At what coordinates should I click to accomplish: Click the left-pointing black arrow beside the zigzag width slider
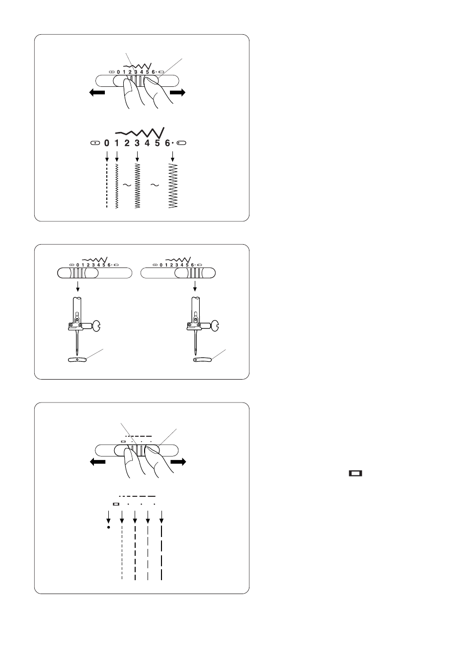tap(97, 92)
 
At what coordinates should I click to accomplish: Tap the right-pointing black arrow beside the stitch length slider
tap(178, 462)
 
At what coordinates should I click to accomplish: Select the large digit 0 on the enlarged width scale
tap(107, 143)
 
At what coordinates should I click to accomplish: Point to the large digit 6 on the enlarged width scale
tap(167, 143)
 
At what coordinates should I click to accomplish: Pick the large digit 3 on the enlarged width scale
tap(137, 143)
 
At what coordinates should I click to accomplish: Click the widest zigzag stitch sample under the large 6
tap(173, 186)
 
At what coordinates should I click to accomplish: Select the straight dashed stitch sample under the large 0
tap(107, 186)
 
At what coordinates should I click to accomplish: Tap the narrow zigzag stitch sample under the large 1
tap(117, 186)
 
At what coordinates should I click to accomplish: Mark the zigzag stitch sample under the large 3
tap(137, 186)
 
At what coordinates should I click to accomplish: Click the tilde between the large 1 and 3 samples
tap(127, 185)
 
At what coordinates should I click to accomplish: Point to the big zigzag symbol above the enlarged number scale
tap(140, 133)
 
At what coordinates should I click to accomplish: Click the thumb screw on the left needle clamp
tap(96, 326)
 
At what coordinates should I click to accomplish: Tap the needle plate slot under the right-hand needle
tap(202, 359)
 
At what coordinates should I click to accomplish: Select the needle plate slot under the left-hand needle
tap(77, 359)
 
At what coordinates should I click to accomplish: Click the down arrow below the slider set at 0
tap(78, 286)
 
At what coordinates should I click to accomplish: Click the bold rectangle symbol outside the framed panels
tap(355, 473)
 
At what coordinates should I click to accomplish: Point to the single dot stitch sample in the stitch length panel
tap(108, 527)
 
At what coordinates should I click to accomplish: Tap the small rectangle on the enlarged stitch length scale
tap(116, 504)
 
